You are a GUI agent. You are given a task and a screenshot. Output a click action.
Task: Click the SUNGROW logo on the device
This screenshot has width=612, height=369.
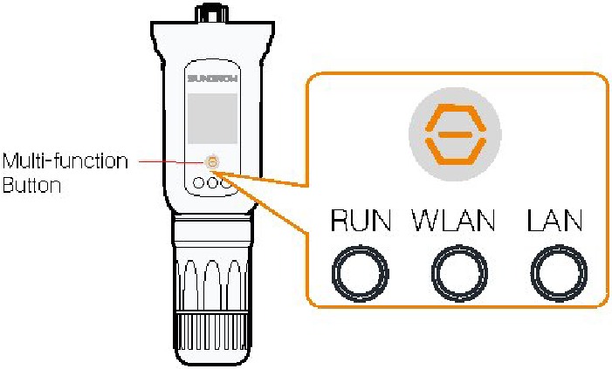(212, 79)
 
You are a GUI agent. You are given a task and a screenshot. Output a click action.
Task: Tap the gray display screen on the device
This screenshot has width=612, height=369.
(212, 119)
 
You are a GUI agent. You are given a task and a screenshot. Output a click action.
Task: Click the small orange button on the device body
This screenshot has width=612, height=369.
(212, 161)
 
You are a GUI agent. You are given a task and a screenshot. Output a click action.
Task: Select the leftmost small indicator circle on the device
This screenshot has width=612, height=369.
(199, 184)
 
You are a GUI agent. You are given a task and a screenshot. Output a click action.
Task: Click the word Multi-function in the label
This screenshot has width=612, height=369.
(65, 162)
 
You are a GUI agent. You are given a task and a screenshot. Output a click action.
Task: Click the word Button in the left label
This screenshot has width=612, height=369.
(27, 185)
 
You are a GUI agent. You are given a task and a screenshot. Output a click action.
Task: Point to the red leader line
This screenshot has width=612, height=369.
(166, 161)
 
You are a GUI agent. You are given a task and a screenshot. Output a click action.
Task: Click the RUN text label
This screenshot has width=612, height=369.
(360, 222)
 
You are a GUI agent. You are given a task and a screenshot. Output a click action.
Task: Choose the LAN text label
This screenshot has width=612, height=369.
(555, 222)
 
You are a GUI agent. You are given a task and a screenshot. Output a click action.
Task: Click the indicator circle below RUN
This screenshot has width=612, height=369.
(359, 274)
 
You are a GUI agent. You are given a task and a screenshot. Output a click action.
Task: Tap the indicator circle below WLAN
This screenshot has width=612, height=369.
(457, 274)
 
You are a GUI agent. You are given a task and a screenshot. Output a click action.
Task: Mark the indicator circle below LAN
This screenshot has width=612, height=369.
(556, 274)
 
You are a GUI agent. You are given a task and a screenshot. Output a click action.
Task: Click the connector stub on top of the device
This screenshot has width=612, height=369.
(210, 13)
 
